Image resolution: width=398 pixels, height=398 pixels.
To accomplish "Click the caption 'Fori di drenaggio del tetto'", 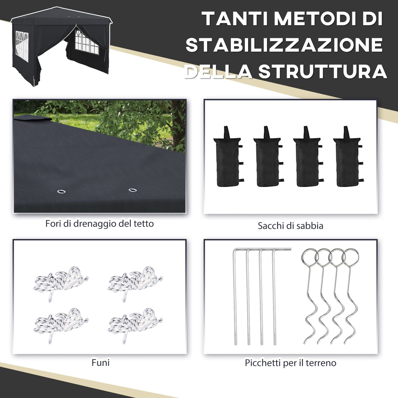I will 99,224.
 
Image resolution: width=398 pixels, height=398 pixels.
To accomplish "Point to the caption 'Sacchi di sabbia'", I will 291,226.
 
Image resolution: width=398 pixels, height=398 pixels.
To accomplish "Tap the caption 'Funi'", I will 100,362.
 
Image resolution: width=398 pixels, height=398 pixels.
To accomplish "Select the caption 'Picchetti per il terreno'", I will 291,363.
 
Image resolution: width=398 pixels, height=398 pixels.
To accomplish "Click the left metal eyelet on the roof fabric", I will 62,191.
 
